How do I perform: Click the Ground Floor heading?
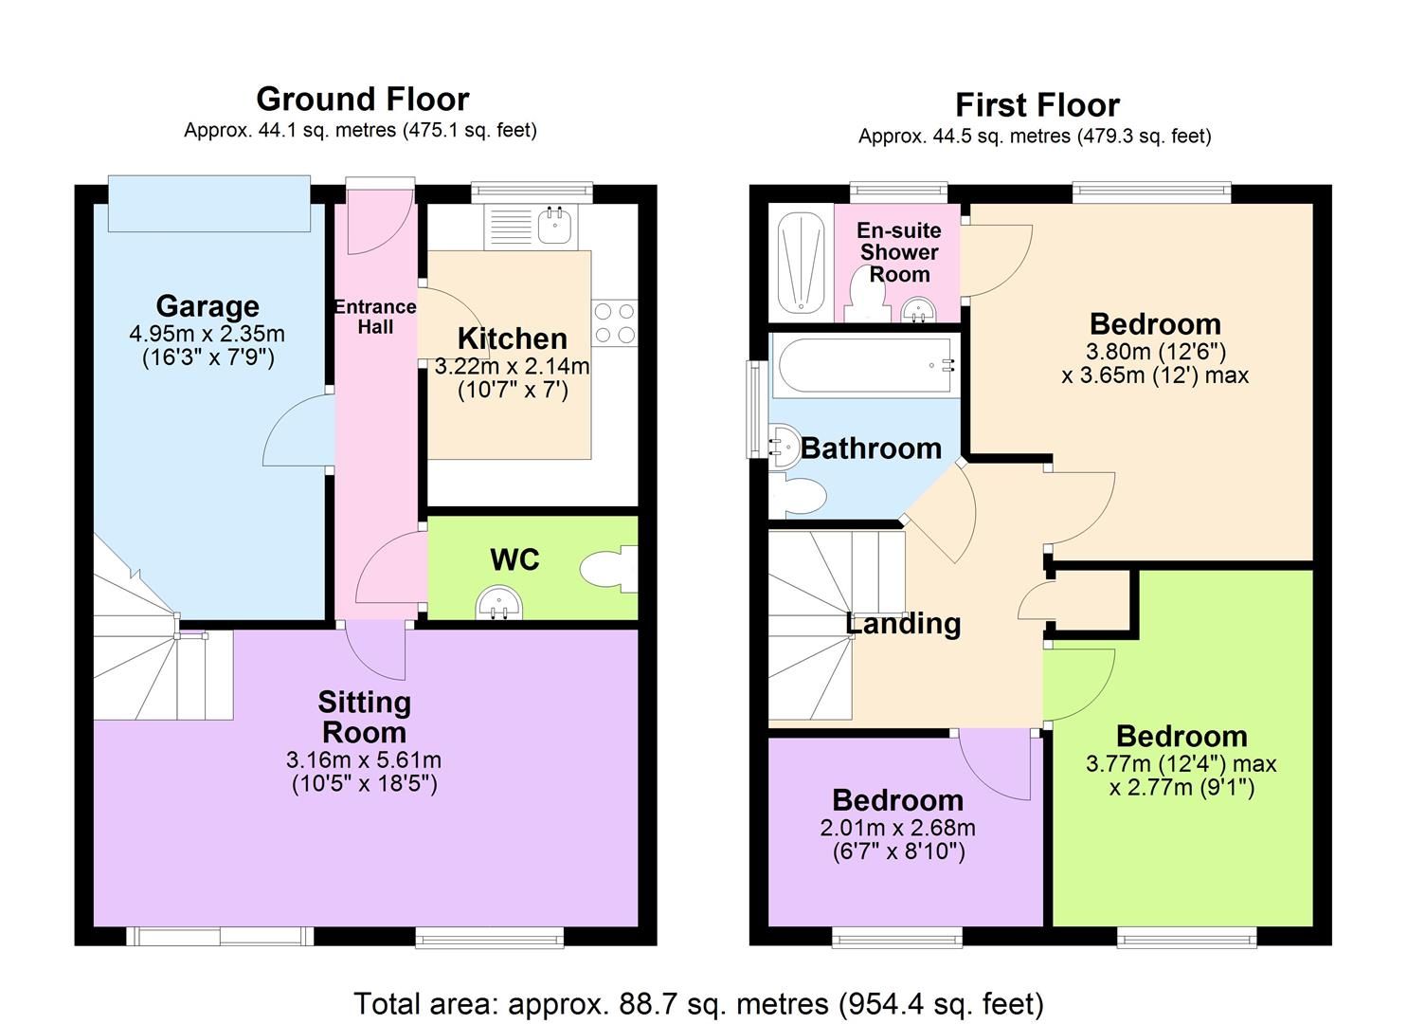pos(363,100)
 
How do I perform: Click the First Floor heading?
pos(1037,105)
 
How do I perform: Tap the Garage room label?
pos(207,306)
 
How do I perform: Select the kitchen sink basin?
pos(554,226)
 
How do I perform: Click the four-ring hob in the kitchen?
pos(614,323)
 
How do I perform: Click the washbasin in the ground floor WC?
pos(498,603)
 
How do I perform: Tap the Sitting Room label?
pos(365,717)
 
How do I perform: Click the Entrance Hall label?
pos(375,317)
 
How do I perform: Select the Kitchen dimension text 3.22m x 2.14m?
pos(512,366)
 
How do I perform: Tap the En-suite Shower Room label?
pos(899,252)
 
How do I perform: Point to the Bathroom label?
pos(871,448)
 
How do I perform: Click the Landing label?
pos(903,624)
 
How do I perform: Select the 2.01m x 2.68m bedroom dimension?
pos(897,828)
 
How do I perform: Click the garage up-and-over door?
pos(209,204)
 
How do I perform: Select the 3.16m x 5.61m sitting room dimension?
pos(364,760)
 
